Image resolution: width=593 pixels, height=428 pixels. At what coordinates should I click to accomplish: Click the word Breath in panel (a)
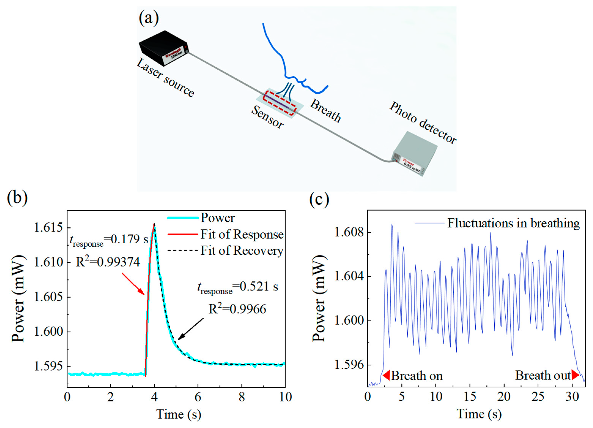(x=325, y=111)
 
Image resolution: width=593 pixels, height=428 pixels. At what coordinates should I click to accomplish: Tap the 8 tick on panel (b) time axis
(x=242, y=397)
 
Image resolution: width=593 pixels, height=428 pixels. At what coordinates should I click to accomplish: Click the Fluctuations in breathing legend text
(x=513, y=223)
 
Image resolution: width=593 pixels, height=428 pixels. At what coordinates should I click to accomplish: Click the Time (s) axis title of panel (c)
(x=479, y=414)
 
